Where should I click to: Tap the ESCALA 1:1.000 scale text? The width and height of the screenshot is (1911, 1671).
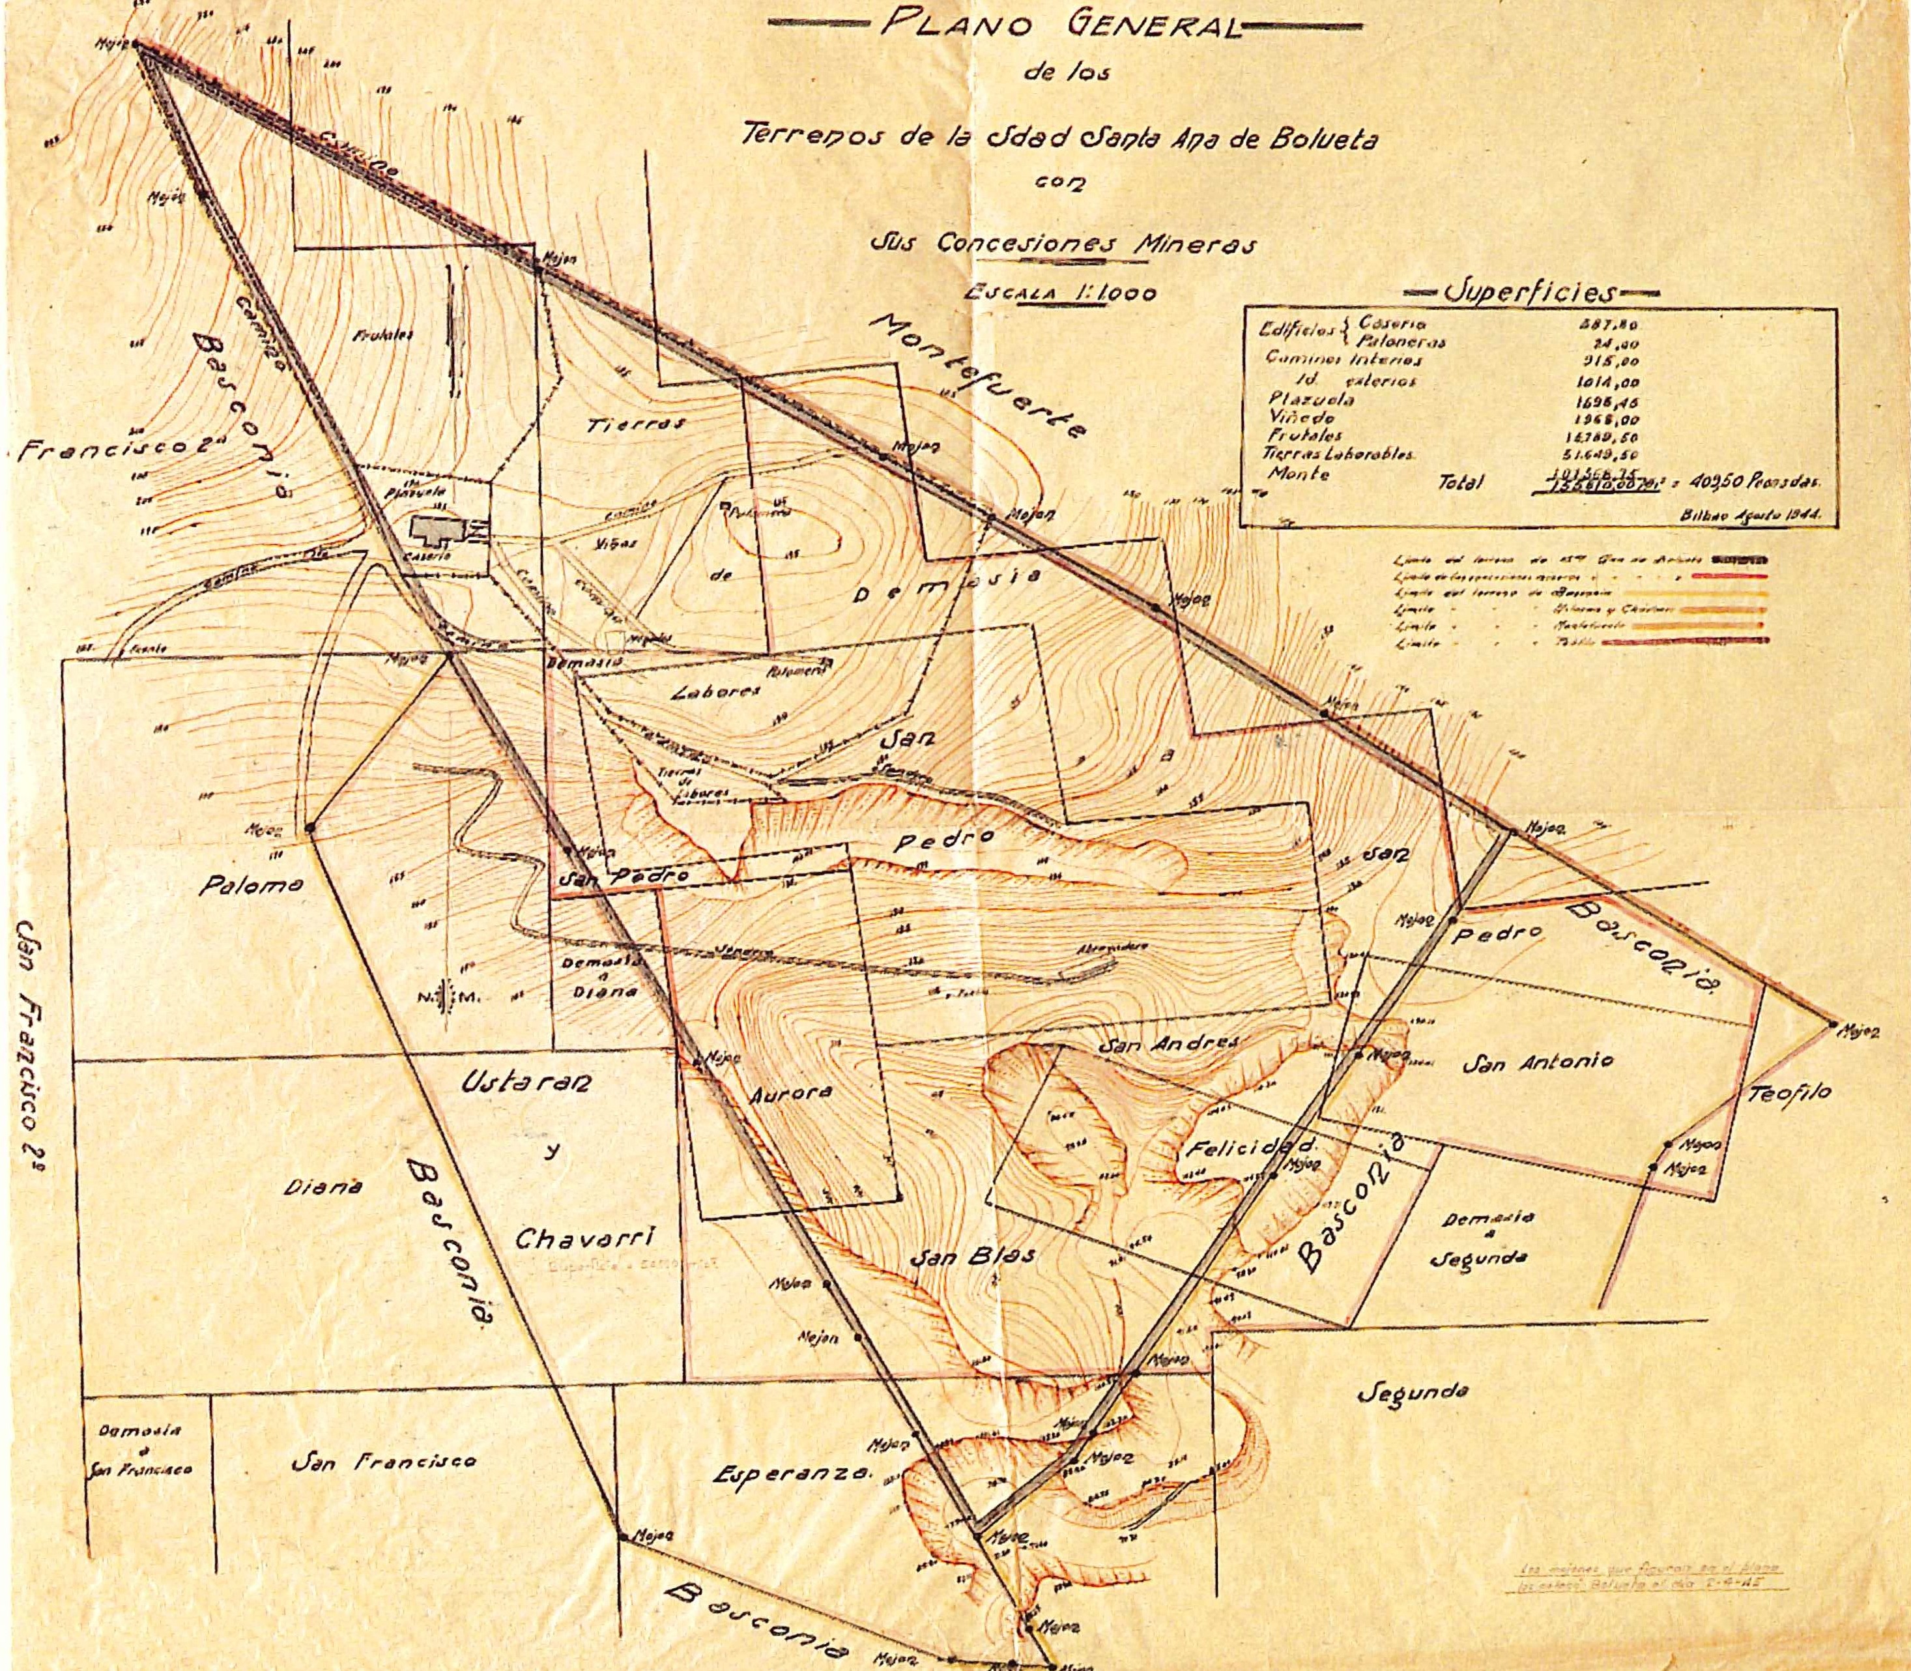point(1062,292)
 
